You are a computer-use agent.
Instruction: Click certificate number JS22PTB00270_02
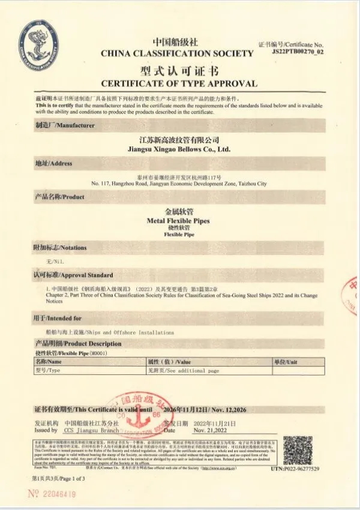[298, 52]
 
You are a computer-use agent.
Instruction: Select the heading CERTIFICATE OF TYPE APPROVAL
[179, 83]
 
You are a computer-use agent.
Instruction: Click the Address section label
[54, 163]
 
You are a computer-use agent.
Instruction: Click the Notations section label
[60, 247]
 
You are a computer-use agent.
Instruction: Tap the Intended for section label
[58, 319]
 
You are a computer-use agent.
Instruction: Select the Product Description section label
[78, 344]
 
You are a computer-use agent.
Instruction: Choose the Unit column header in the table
[286, 362]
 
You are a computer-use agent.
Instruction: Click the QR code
[298, 449]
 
